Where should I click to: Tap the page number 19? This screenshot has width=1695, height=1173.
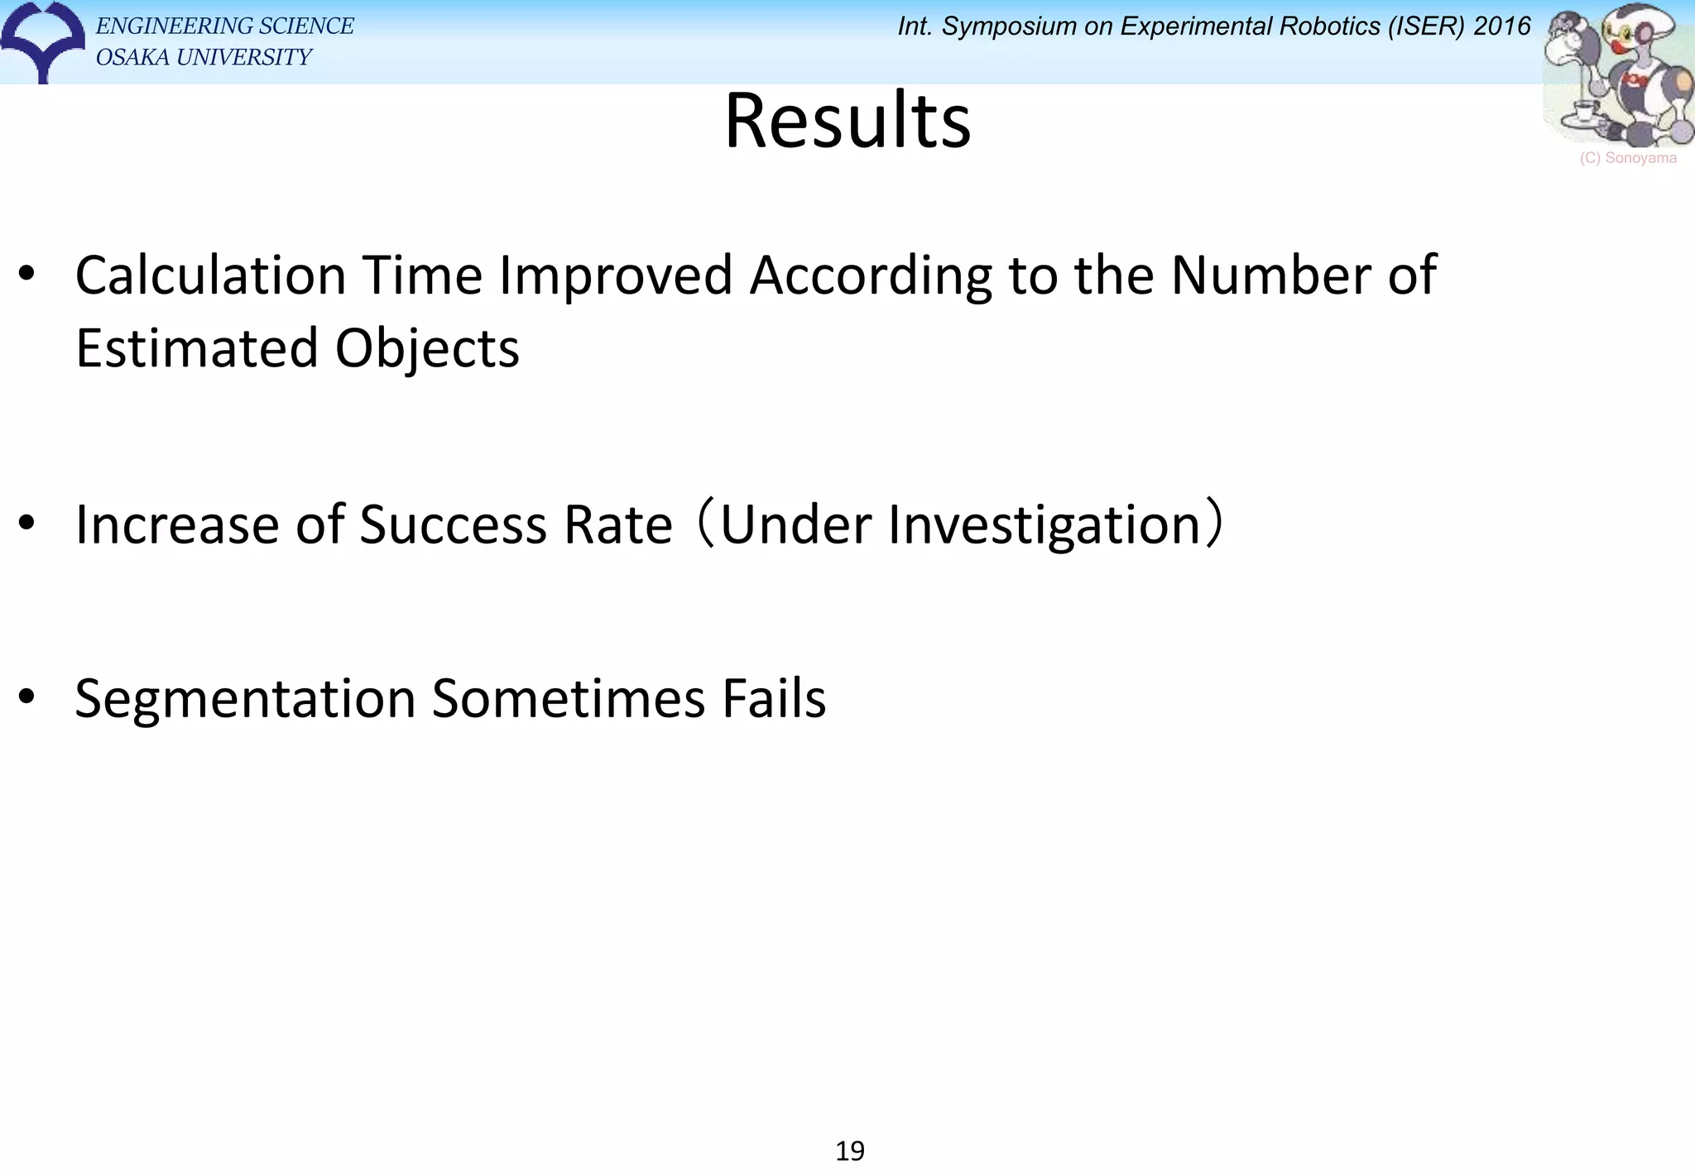(x=850, y=1151)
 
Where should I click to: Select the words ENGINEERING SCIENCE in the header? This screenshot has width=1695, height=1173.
(x=225, y=26)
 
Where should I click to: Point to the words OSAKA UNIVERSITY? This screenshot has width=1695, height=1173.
(x=204, y=57)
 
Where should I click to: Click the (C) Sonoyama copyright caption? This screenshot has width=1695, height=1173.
(x=1628, y=158)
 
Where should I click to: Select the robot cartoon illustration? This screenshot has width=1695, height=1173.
(x=1618, y=76)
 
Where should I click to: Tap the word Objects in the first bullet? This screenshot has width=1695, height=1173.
(x=427, y=348)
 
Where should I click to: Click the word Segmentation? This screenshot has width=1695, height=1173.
(x=246, y=699)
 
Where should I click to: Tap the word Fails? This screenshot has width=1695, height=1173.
(x=774, y=699)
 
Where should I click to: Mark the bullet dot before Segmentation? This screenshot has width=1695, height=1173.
(x=26, y=697)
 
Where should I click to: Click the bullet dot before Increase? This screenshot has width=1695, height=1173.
(x=26, y=522)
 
